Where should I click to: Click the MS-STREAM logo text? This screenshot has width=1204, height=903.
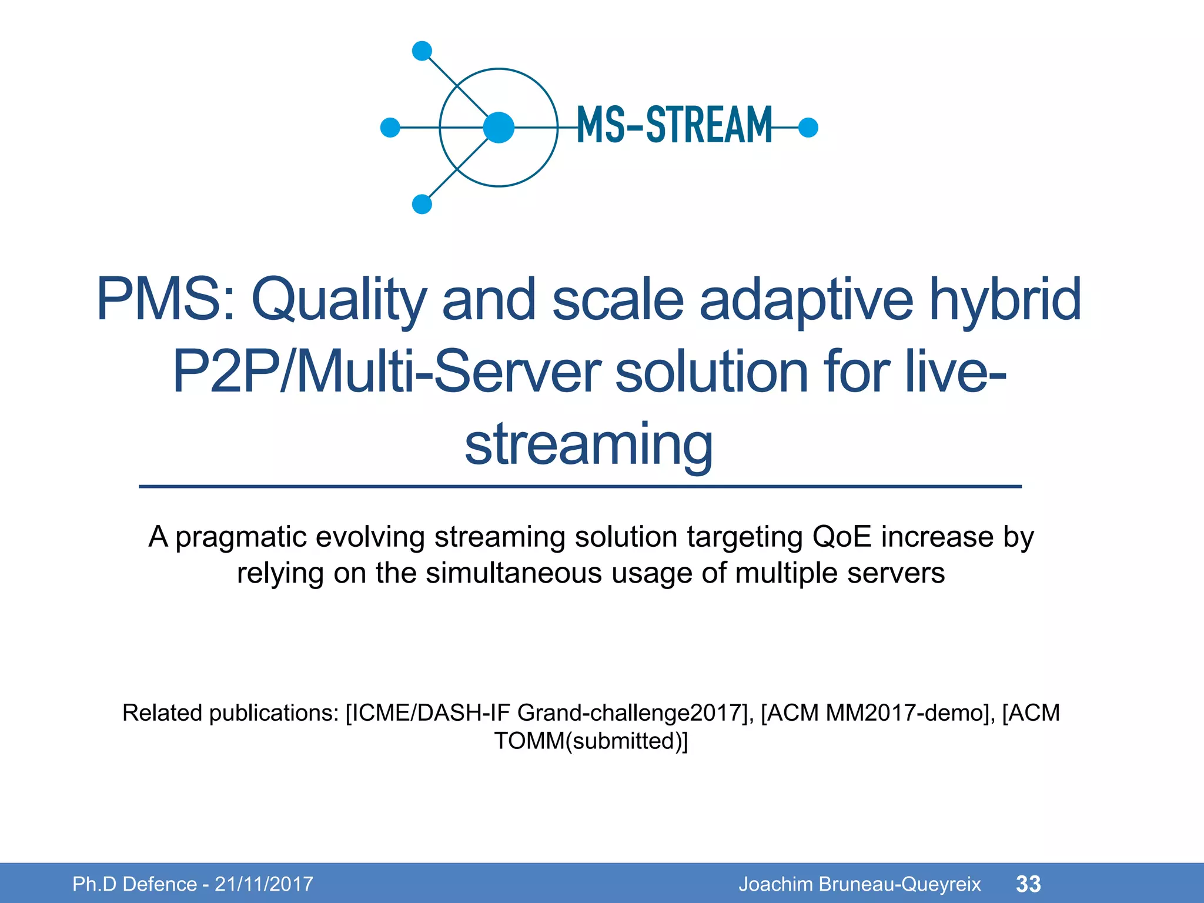pos(674,125)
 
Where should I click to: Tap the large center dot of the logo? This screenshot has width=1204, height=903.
pos(499,127)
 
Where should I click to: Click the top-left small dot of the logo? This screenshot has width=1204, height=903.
pos(422,51)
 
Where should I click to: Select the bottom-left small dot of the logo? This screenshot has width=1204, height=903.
pos(422,204)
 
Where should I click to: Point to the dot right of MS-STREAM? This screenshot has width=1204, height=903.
pos(808,127)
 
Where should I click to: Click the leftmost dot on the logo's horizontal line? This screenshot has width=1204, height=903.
pos(390,127)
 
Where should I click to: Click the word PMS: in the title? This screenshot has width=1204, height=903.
pos(165,300)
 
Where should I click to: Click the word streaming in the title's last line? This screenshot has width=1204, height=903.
pos(588,444)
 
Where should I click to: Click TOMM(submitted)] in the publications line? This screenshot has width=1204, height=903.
pos(591,741)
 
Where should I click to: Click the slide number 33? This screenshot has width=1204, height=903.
pos(1028,884)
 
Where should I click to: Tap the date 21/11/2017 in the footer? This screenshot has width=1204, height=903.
pos(264,884)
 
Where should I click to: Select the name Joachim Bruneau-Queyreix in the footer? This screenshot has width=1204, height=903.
pos(859,884)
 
